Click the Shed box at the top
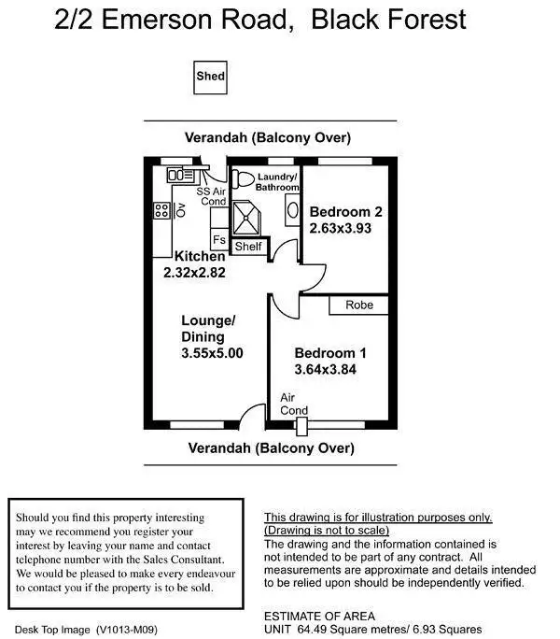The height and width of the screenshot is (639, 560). pyautogui.click(x=210, y=77)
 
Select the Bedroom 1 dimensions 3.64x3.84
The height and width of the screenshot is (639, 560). pyautogui.click(x=326, y=369)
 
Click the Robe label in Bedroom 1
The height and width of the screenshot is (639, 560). pyautogui.click(x=358, y=305)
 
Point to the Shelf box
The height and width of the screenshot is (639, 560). pyautogui.click(x=248, y=247)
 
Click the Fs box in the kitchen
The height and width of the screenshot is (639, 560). pyautogui.click(x=219, y=240)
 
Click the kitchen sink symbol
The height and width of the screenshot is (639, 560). pyautogui.click(x=180, y=175)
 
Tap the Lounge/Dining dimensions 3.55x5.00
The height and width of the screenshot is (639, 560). pyautogui.click(x=212, y=353)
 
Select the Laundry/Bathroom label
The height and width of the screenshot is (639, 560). pyautogui.click(x=277, y=181)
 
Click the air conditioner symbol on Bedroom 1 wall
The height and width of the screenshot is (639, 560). pyautogui.click(x=301, y=426)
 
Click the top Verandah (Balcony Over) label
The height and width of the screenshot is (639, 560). pyautogui.click(x=268, y=137)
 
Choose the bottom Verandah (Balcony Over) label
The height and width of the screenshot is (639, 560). pyautogui.click(x=272, y=447)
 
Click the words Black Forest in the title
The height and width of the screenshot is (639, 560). pyautogui.click(x=390, y=20)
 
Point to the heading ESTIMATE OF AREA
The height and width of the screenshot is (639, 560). pyautogui.click(x=319, y=616)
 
